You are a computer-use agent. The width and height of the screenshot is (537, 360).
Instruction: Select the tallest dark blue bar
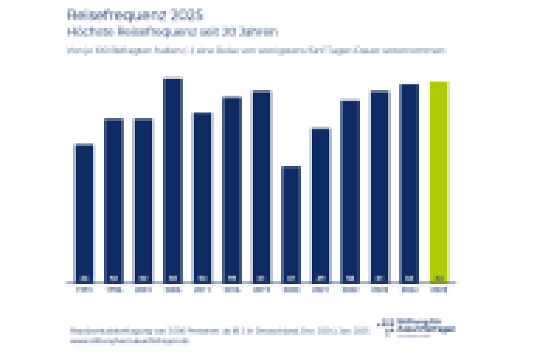coord(173,180)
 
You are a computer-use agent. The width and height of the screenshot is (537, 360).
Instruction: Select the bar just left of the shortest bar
coord(261,186)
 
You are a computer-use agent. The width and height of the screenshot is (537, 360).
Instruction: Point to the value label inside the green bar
coord(439,278)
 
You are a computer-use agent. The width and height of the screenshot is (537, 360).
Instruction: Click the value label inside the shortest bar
coord(291,278)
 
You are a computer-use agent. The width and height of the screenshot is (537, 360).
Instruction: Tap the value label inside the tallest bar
coord(173,278)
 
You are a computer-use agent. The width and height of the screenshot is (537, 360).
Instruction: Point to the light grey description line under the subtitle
coord(256,50)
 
